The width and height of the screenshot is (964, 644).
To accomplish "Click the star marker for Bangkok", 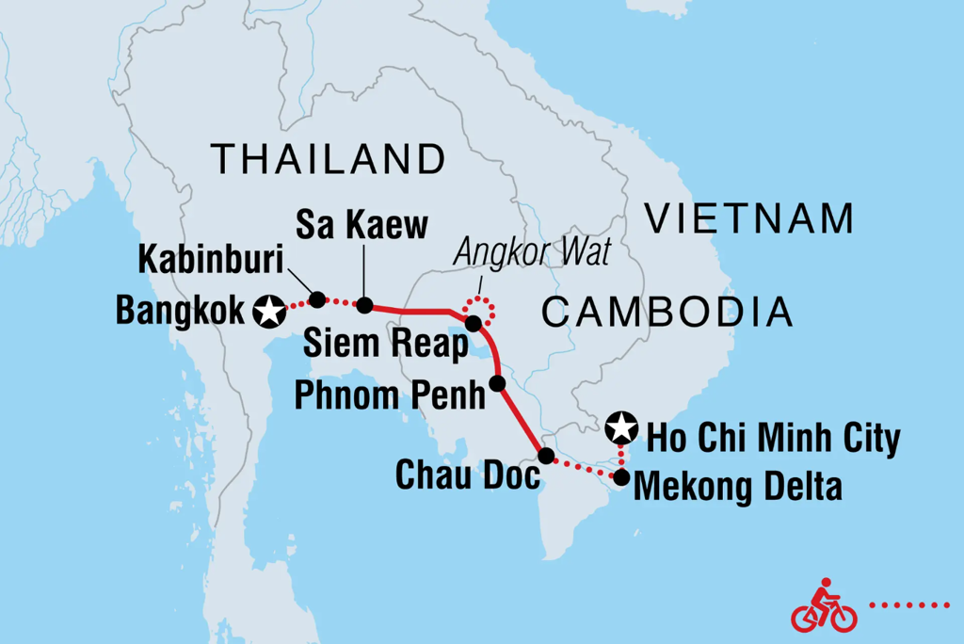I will point(270,308).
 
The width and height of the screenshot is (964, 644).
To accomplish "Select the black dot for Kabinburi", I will point(317,299).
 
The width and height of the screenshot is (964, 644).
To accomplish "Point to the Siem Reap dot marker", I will point(474,324).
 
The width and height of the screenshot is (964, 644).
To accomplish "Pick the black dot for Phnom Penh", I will point(497,383).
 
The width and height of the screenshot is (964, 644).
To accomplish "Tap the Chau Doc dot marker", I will point(545,457).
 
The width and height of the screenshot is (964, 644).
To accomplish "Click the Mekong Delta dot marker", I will point(620,477).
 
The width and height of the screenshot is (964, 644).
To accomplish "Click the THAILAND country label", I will point(327,159).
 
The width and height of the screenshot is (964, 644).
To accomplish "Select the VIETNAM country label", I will point(749,219).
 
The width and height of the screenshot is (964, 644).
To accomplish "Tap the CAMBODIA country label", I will point(667,311).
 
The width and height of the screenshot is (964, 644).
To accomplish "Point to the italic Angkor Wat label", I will point(532,252).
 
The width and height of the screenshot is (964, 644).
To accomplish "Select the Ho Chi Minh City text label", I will point(772,438).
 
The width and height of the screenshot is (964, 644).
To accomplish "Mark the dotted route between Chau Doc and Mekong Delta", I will point(584,468).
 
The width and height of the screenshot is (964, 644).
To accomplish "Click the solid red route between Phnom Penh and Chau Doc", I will point(521,420).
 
